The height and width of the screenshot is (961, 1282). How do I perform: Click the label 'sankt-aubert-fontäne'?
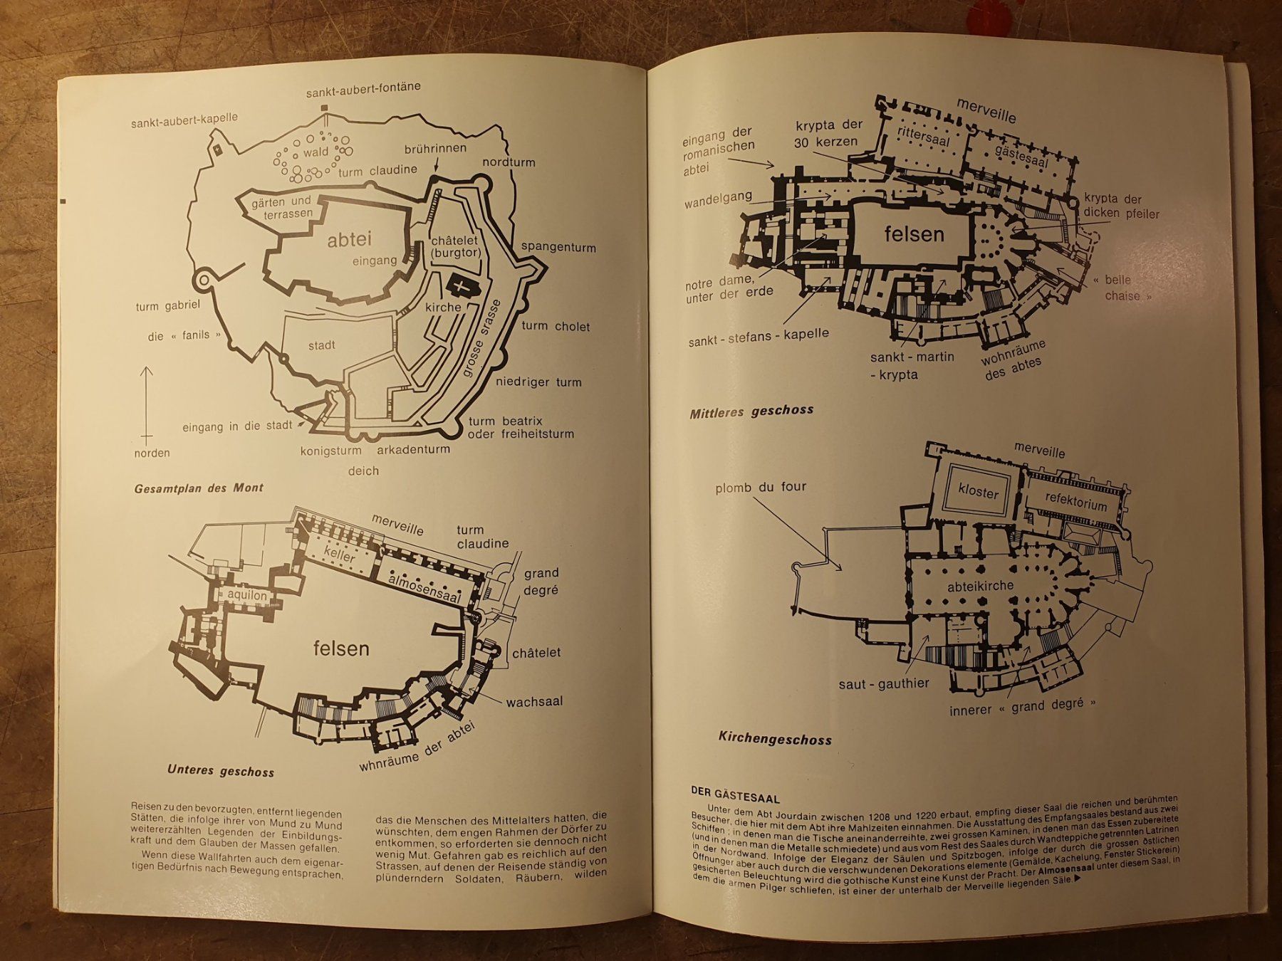tap(363, 90)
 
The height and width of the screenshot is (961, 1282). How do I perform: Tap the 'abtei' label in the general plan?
tap(350, 240)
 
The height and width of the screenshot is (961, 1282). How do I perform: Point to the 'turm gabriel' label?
tap(168, 306)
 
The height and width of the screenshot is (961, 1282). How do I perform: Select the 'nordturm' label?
tap(509, 162)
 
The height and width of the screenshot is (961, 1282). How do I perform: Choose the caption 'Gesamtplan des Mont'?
tap(199, 488)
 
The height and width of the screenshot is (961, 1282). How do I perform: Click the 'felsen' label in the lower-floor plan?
tap(341, 648)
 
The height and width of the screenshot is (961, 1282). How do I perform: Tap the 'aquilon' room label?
tap(247, 594)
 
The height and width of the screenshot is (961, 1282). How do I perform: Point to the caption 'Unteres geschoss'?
tap(221, 771)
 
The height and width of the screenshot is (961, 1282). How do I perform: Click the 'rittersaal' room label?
tap(924, 136)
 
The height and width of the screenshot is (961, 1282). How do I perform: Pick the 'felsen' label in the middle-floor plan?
tap(914, 234)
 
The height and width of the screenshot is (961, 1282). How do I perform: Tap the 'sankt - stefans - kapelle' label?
tap(759, 337)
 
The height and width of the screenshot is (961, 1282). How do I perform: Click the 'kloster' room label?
tap(979, 492)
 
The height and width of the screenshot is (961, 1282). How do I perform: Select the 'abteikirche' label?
tap(980, 587)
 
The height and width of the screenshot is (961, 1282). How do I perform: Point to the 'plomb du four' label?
tap(761, 488)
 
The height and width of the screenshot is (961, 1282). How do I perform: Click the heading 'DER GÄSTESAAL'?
tap(735, 798)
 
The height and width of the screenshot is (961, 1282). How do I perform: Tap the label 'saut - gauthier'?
tap(884, 684)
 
